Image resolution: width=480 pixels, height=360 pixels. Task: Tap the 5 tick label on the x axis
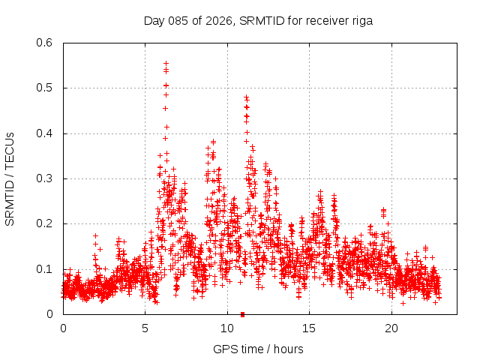[x=145, y=328]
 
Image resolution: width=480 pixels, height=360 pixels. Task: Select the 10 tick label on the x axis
[x=227, y=328]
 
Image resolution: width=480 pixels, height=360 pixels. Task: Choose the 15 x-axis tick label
[x=309, y=328]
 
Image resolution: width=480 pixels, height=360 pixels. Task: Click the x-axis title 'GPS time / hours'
[x=258, y=349]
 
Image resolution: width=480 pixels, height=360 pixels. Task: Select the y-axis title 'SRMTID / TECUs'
[x=10, y=178]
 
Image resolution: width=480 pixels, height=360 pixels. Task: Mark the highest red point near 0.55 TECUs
[x=166, y=64]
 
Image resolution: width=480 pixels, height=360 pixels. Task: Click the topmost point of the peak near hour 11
[x=246, y=97]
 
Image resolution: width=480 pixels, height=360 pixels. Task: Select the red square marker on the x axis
[x=242, y=314]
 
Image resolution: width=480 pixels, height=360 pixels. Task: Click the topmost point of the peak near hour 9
[x=213, y=141]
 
